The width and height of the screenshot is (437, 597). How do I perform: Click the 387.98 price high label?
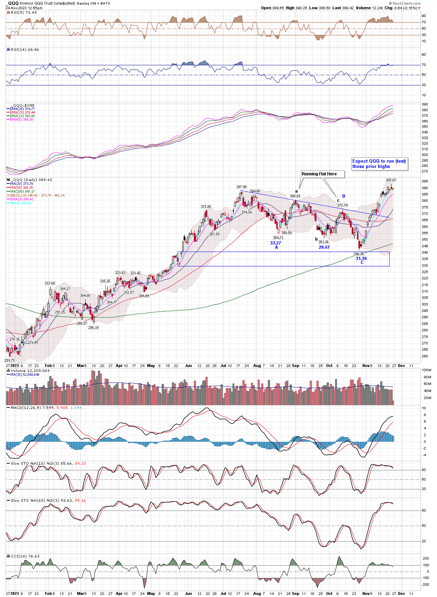241,187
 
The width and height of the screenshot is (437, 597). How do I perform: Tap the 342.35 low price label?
359,254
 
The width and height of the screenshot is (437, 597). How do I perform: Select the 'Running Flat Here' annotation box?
319,174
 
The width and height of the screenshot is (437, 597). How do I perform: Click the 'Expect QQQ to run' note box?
379,164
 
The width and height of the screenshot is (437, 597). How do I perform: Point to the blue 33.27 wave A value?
276,243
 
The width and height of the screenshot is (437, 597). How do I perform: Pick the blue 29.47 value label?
324,247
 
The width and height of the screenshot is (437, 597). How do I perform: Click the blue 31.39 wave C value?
361,259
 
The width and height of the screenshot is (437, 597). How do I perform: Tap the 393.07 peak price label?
391,180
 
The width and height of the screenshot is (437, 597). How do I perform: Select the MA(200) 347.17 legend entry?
22,192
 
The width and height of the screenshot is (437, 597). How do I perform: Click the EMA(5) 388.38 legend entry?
21,120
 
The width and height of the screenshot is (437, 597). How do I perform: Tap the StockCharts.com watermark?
406,4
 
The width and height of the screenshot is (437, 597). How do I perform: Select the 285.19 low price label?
93,328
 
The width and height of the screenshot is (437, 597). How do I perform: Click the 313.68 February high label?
50,283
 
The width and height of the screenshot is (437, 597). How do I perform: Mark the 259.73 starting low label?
10,361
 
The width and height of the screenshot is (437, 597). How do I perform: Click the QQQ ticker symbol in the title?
13,3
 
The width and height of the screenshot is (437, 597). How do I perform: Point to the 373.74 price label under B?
342,205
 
